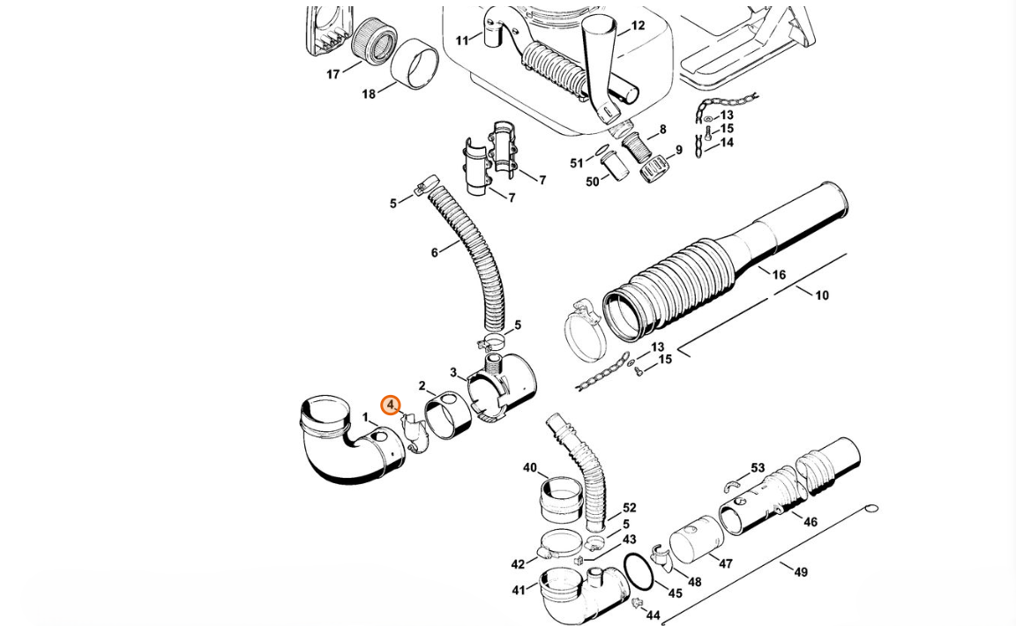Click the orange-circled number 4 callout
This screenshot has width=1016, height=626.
390,406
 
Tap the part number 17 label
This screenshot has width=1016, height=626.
333,75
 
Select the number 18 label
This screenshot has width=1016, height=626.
369,94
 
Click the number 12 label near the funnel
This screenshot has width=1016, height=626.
638,26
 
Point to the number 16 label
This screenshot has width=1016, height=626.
779,275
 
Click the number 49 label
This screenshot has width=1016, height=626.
801,572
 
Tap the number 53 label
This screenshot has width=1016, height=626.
758,468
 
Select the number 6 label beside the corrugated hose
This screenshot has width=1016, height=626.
434,252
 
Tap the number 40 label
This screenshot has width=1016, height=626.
530,467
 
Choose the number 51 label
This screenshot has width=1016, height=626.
577,162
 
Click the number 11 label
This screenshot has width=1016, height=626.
462,41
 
